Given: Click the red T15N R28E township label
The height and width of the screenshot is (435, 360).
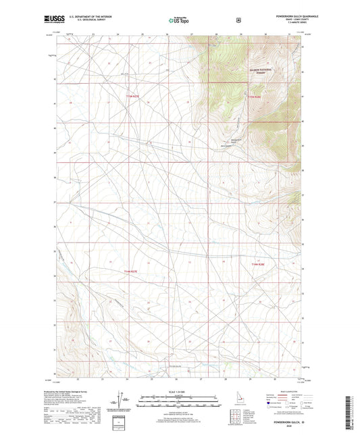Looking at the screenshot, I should pos(253,97).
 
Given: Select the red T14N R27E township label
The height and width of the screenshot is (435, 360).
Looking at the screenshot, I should pos(134,270).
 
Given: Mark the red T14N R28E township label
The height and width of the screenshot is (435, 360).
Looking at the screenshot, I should pos(259,264).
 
